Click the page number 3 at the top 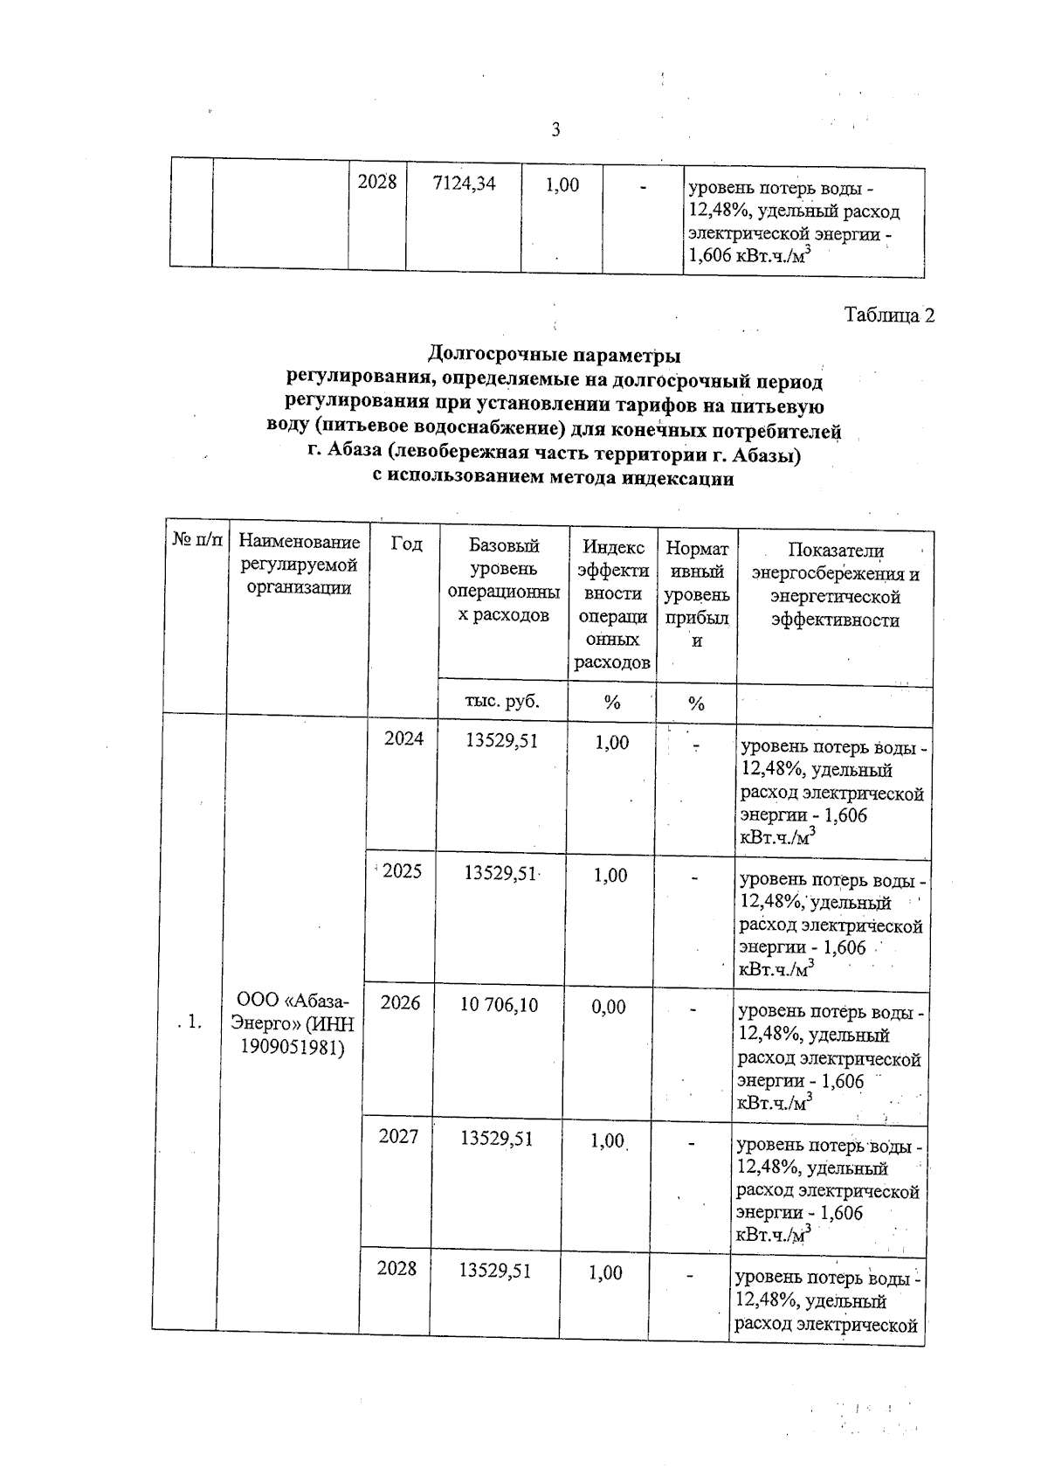(555, 131)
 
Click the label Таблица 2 (889, 315)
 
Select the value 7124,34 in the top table (464, 184)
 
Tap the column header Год (406, 544)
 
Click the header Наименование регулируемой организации (299, 566)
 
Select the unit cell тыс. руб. (502, 702)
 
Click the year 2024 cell (403, 739)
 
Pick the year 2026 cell (400, 1003)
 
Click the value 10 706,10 (500, 1006)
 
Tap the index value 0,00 (609, 1008)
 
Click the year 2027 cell (398, 1137)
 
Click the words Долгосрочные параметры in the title (554, 355)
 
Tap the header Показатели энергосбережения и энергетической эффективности (835, 586)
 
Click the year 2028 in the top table (377, 183)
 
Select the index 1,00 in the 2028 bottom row (605, 1273)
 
